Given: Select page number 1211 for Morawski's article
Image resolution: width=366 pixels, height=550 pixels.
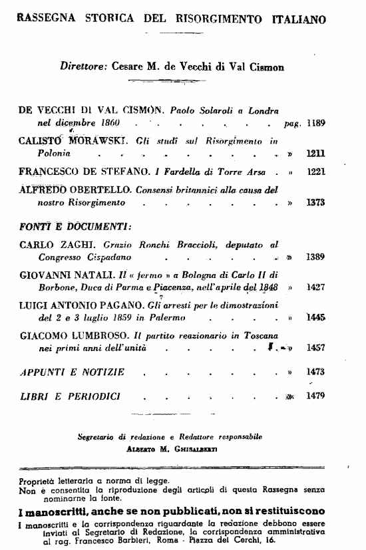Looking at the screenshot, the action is click(315, 153).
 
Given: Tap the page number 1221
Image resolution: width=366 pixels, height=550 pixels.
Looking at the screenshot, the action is click(315, 171).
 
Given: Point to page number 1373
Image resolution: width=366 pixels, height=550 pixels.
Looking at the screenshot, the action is click(315, 202).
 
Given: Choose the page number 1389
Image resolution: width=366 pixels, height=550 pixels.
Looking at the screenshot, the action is click(315, 256).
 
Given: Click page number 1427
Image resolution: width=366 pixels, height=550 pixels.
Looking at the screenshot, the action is click(315, 288).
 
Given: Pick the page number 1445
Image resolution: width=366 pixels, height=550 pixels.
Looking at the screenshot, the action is click(315, 317).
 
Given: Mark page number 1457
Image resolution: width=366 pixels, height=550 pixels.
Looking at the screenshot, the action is click(315, 347).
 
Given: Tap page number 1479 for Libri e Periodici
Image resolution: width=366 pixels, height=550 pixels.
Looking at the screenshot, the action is click(315, 396).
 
